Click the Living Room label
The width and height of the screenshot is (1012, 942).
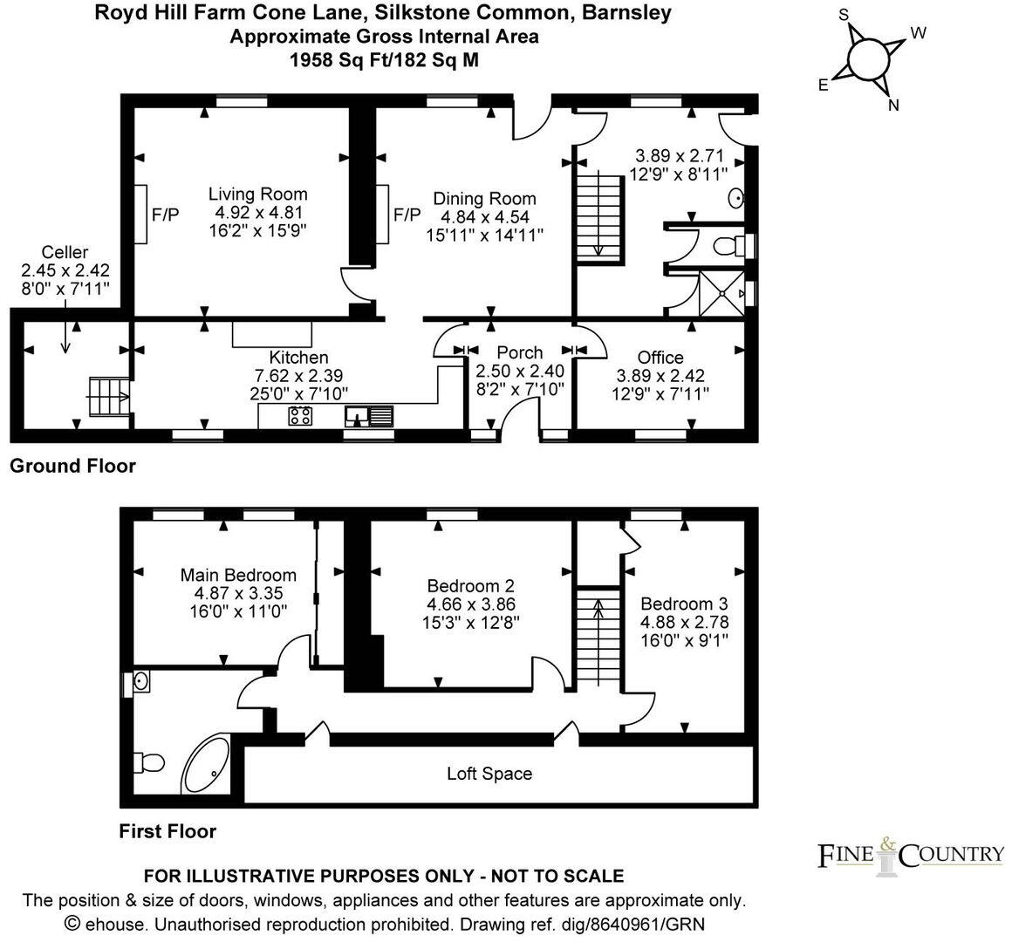pyautogui.click(x=257, y=195)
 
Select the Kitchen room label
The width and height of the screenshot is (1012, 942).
pyautogui.click(x=298, y=358)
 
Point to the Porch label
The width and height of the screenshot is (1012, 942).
pyautogui.click(x=519, y=352)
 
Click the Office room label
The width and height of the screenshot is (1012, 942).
pyautogui.click(x=660, y=358)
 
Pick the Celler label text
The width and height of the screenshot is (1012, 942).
pyautogui.click(x=65, y=253)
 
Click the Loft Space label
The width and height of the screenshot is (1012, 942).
pyautogui.click(x=489, y=774)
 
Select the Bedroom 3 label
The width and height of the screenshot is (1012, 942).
pyautogui.click(x=684, y=604)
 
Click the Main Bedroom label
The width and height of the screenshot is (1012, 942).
pyautogui.click(x=238, y=576)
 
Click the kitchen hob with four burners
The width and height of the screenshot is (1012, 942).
pyautogui.click(x=301, y=416)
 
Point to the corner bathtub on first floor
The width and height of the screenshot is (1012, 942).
pyautogui.click(x=206, y=766)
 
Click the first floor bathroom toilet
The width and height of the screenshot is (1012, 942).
pyautogui.click(x=150, y=762)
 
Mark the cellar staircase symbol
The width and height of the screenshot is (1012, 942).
pyautogui.click(x=108, y=397)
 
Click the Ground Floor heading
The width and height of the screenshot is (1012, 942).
pyautogui.click(x=72, y=466)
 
